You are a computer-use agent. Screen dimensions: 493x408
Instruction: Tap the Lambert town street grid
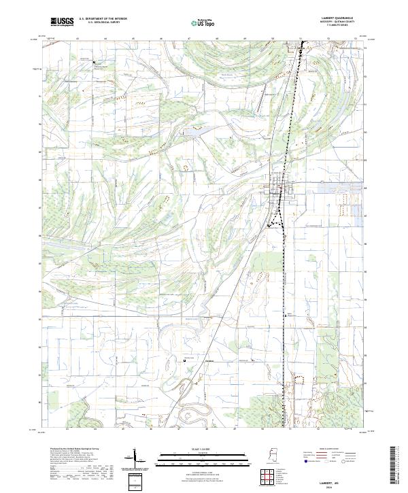(x=279, y=187)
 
